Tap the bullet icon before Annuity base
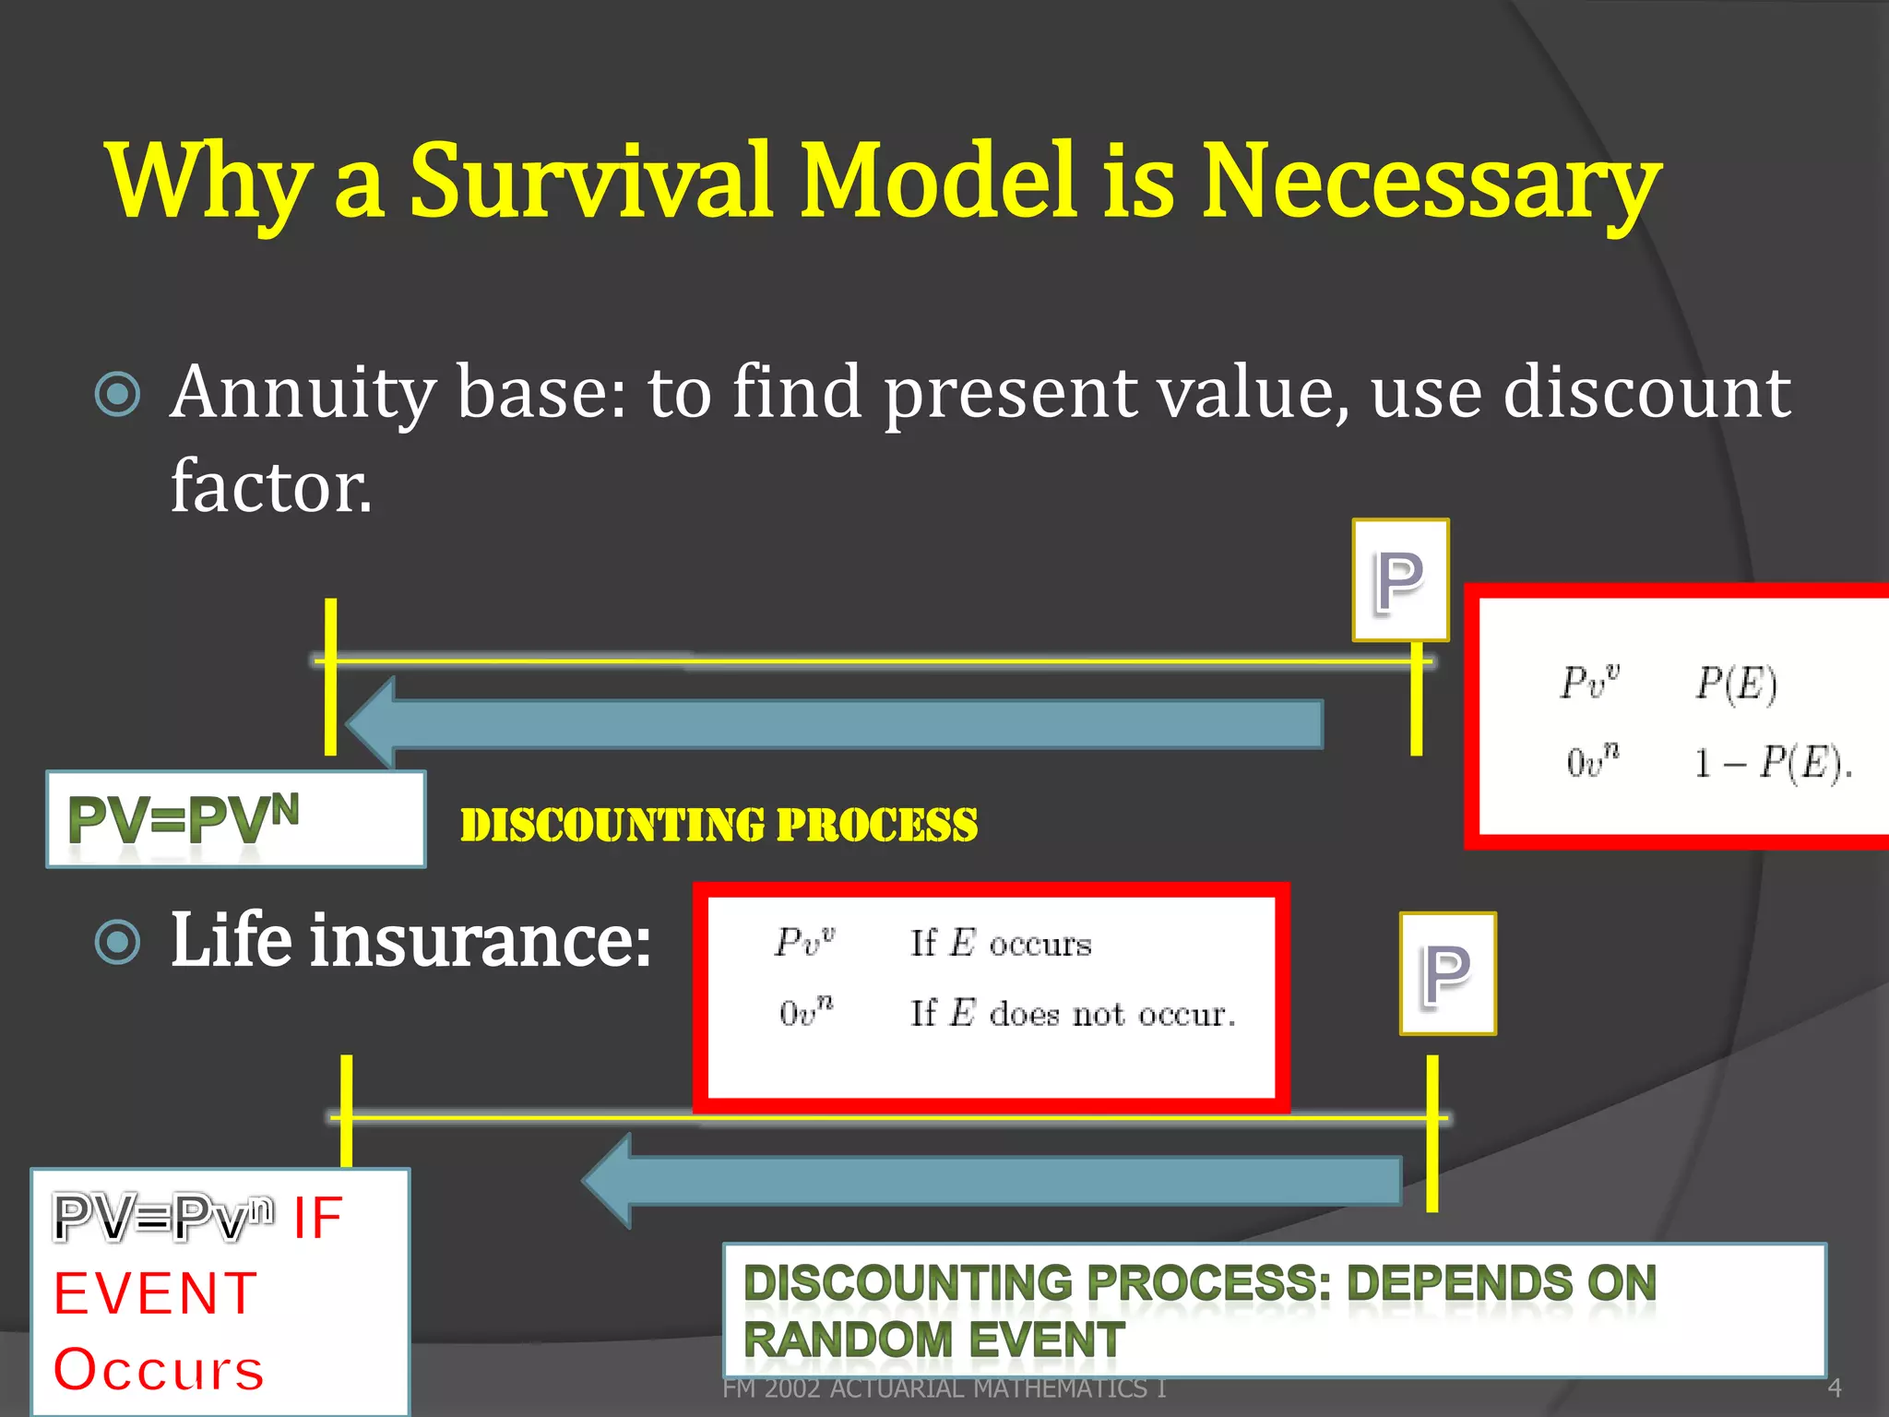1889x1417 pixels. coord(118,395)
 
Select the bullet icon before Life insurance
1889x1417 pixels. coord(118,943)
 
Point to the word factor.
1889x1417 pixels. coord(271,486)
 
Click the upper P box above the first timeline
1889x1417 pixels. coord(1400,580)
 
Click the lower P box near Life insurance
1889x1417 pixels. coord(1447,973)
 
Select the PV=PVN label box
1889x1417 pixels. coord(235,819)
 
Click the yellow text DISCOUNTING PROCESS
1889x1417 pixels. coord(719,825)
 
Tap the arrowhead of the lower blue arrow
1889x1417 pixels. coord(609,1181)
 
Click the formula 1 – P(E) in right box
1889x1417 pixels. coord(1772,762)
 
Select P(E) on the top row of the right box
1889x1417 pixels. coord(1736,684)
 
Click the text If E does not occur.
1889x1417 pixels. coord(1072,1013)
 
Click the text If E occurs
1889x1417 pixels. coord(1001,943)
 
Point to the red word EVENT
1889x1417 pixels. coord(155,1293)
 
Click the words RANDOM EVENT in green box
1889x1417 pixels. coord(933,1340)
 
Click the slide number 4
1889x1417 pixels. coord(1834,1387)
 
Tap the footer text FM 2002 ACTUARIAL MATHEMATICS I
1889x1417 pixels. coord(944,1388)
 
